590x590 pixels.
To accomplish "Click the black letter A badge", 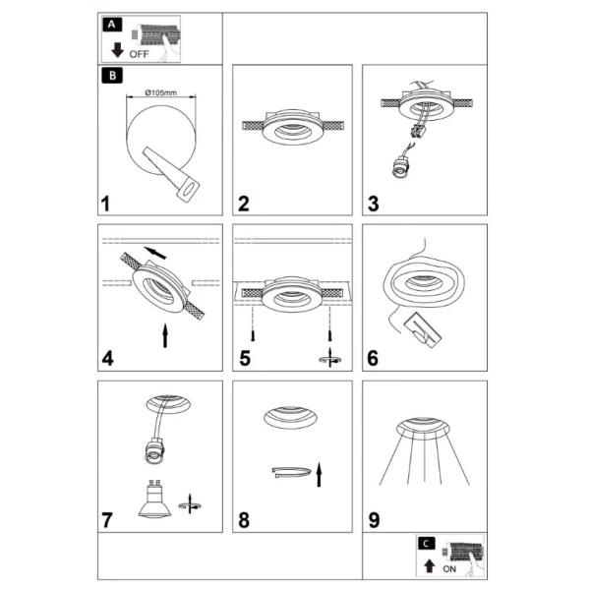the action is [x=112, y=25].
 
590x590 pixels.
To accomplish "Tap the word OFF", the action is [x=139, y=54].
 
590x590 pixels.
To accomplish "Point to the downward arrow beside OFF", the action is [x=117, y=50].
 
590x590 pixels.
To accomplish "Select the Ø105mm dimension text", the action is [x=160, y=92].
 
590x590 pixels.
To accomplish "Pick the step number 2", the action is [x=244, y=204].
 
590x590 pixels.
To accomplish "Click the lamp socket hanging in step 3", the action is [x=398, y=166].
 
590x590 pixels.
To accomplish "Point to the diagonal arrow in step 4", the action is [x=155, y=253].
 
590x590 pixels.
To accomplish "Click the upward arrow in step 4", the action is [x=165, y=335].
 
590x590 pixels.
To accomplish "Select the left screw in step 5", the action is [x=253, y=335].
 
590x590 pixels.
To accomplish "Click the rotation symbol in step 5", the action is [x=330, y=358].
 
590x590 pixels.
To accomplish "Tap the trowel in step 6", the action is [x=423, y=329].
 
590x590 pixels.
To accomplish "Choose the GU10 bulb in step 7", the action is [x=154, y=500].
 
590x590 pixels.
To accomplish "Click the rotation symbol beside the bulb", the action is [x=190, y=503].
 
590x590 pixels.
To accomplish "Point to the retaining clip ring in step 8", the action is [x=291, y=472].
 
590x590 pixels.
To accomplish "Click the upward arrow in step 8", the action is [x=319, y=475].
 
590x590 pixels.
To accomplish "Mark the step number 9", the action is [x=374, y=520].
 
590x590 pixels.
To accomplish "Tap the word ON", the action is [x=449, y=569].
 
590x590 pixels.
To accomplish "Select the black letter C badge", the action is [x=426, y=544].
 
